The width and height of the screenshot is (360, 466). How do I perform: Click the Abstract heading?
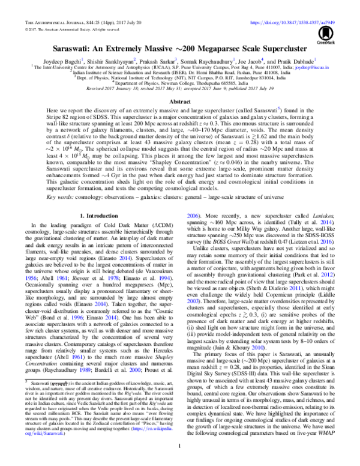point(180,103)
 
